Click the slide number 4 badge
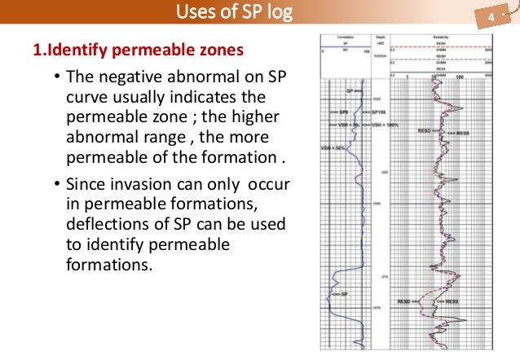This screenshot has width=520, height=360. [491, 17]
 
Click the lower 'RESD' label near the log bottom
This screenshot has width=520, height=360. [407, 302]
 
